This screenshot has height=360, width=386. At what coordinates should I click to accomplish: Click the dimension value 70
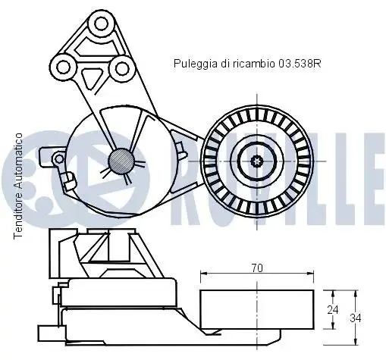(x=257, y=268)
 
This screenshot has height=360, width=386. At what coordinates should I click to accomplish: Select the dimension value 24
(x=332, y=310)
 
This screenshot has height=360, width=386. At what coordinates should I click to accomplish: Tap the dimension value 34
(x=356, y=318)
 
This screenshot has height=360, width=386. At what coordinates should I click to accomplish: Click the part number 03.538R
(x=300, y=64)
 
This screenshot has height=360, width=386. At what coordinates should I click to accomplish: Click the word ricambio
(x=254, y=64)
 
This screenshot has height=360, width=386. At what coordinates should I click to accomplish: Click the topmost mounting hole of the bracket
(x=101, y=24)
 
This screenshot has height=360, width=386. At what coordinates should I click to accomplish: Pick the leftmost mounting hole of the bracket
(x=63, y=67)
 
